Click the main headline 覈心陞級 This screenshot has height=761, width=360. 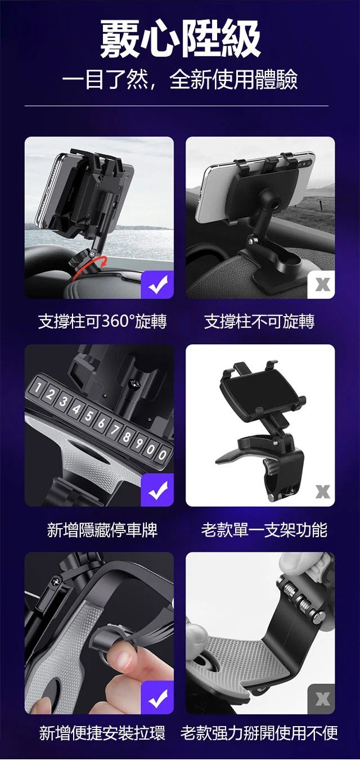[x=180, y=39]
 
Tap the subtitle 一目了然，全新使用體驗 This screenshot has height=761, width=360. [x=180, y=80]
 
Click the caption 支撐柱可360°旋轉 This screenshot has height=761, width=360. [x=102, y=321]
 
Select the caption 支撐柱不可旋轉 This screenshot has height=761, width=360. [x=259, y=321]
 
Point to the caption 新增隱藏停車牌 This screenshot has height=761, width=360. [x=102, y=530]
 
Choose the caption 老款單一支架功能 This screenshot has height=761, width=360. [x=264, y=530]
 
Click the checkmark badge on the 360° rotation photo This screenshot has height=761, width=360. [x=157, y=285]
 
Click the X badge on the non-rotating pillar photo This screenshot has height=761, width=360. [x=321, y=285]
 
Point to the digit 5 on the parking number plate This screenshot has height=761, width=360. [x=88, y=416]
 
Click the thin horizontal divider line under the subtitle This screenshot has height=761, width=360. [x=177, y=106]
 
